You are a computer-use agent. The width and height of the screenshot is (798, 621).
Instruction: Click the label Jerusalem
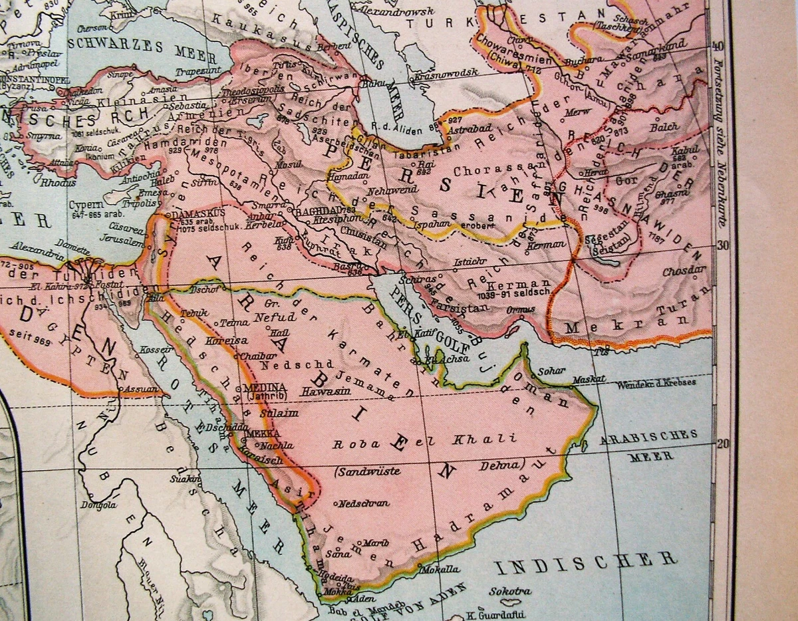[x=119, y=243]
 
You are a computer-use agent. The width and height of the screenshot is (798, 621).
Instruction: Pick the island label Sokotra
[x=510, y=591]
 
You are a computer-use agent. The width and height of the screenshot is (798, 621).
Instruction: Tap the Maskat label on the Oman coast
[x=589, y=380]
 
